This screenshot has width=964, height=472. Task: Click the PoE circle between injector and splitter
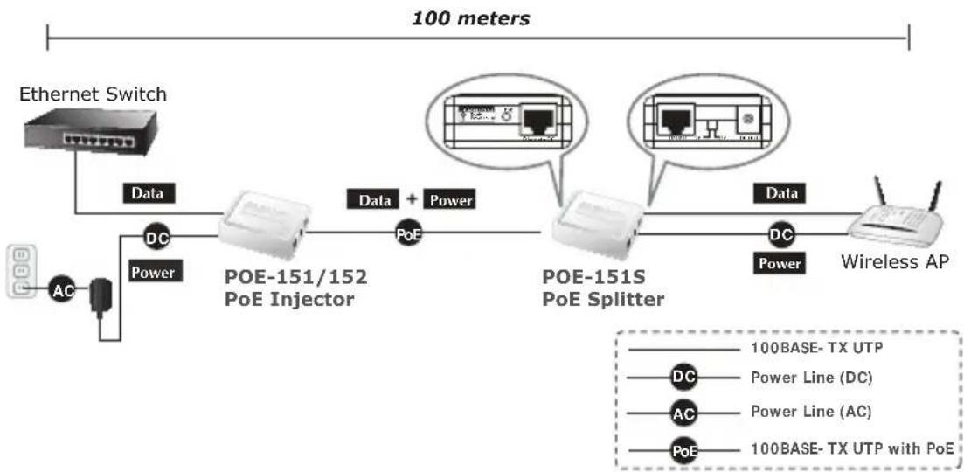[407, 233]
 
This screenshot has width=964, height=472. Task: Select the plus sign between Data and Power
[411, 200]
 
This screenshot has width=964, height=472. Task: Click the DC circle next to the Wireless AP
[780, 233]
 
